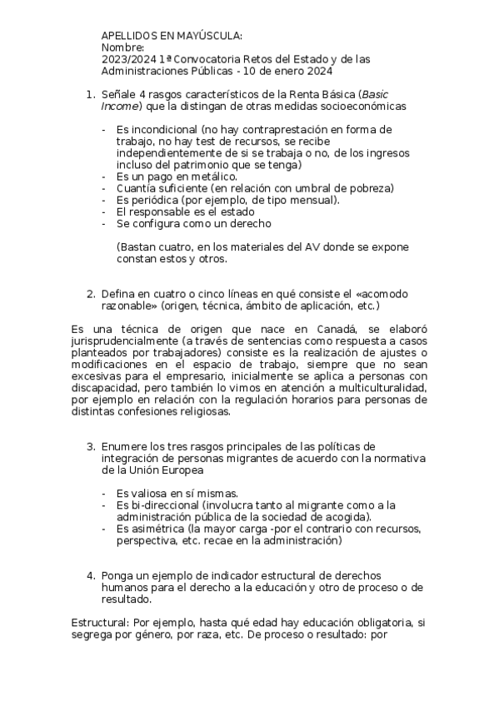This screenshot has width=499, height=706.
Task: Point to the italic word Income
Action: point(119,107)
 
